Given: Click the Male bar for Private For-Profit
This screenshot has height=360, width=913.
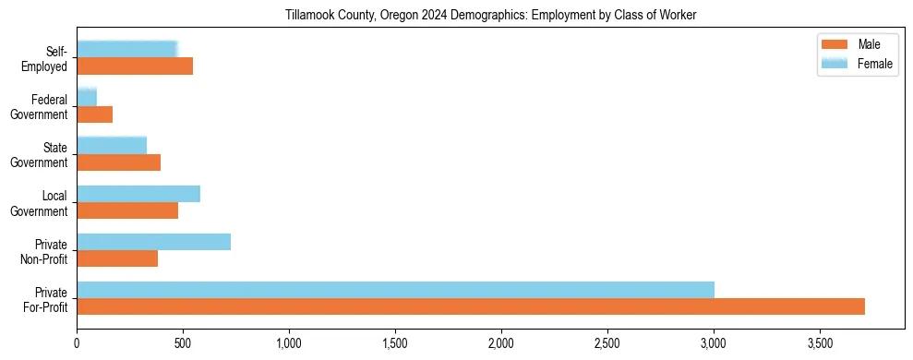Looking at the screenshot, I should point(471,306).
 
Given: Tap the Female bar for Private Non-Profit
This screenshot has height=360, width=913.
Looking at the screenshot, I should point(153,242).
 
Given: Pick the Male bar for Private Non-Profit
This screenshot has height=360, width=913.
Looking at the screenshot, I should point(117,258).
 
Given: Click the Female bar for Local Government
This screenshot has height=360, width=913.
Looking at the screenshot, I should point(138,194).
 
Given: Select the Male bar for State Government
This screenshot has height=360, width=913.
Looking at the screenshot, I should point(118,162).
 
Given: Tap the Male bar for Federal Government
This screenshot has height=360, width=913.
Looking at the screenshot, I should point(94,114).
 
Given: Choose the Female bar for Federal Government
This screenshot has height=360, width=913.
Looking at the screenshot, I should point(87,97).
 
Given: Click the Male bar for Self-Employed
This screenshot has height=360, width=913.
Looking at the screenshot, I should point(135,66).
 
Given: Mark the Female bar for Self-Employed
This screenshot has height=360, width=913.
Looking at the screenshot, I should point(126,49).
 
